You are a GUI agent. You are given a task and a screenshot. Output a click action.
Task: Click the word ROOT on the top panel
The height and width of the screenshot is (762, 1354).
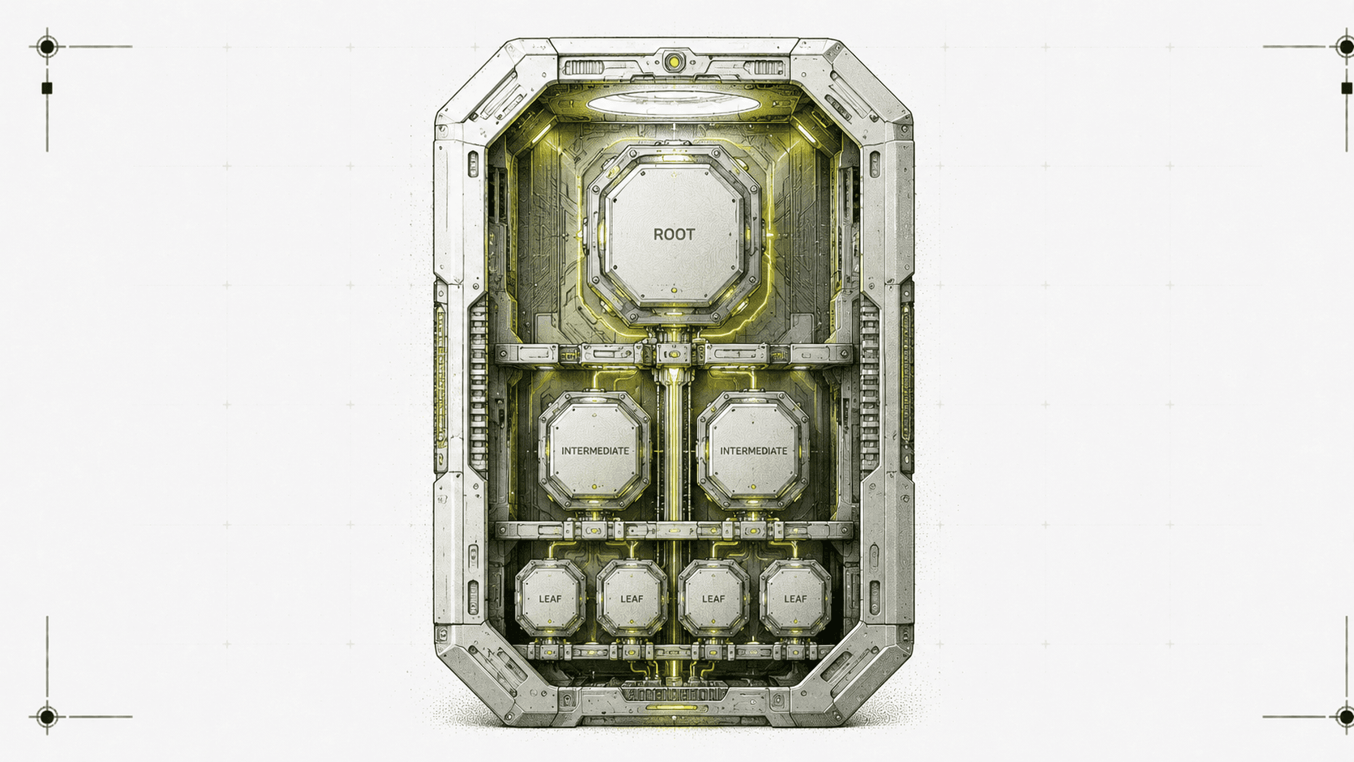point(674,235)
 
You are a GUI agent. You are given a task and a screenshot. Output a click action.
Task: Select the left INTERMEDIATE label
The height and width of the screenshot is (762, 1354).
point(594,451)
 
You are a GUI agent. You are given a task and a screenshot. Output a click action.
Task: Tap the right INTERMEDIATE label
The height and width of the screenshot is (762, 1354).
point(753,451)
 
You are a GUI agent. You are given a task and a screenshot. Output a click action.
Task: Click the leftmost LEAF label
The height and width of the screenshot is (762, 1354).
point(550,599)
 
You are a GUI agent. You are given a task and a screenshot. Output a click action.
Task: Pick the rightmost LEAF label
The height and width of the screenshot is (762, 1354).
point(795,599)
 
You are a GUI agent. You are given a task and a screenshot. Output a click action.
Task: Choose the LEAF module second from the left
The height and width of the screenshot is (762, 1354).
point(632,598)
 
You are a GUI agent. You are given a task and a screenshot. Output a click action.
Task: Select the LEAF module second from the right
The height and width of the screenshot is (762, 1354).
point(713,598)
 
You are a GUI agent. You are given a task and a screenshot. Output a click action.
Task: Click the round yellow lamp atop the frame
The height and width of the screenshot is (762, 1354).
point(674,61)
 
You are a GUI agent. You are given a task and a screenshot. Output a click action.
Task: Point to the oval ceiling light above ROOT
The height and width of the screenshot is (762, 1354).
point(673,104)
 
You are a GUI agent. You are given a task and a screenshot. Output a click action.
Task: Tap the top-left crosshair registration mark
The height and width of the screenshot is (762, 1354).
point(47,46)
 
